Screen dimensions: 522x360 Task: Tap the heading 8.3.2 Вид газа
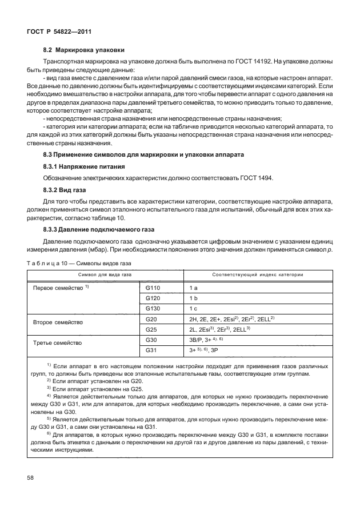[x=63, y=190]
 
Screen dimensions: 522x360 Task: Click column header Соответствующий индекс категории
[x=257, y=275]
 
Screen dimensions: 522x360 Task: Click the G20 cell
[x=152, y=318]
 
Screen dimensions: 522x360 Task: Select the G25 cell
[x=152, y=329]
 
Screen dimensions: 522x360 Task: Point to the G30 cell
[x=152, y=340]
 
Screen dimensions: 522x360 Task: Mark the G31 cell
[x=152, y=350]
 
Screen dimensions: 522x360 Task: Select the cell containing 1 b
[x=194, y=298]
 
